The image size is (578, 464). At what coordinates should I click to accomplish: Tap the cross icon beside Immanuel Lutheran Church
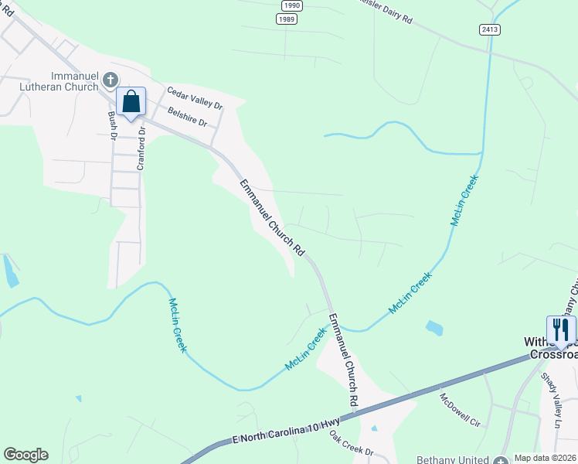(110, 80)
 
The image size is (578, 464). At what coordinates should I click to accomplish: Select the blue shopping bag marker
(131, 102)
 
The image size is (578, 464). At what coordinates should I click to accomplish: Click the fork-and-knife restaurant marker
(561, 330)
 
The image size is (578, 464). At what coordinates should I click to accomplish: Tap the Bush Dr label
(112, 125)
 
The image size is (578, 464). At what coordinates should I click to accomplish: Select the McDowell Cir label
(460, 410)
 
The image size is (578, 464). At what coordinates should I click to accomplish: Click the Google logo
(25, 455)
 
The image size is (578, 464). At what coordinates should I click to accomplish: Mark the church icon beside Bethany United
(505, 459)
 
